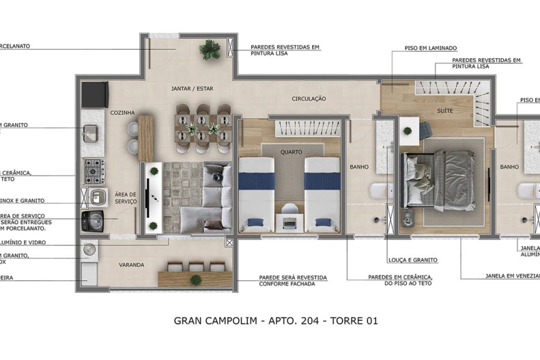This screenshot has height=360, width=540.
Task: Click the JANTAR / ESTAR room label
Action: pyautogui.click(x=192, y=89)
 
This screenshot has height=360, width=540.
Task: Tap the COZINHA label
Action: pyautogui.click(x=122, y=112)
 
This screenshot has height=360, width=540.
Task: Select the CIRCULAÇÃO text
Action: pyautogui.click(x=309, y=98)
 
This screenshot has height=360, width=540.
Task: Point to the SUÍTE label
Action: pyautogui.click(x=445, y=112)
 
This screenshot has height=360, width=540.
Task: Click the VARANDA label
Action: pyautogui.click(x=131, y=265)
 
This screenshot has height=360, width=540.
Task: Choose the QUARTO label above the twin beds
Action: pyautogui.click(x=291, y=152)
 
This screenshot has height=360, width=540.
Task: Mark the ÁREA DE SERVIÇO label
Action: pyautogui.click(x=126, y=198)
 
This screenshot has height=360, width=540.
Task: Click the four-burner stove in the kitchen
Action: pyautogui.click(x=94, y=170)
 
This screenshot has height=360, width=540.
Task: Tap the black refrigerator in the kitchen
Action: pyautogui.click(x=95, y=94)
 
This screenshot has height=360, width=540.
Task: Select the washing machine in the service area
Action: pyautogui.click(x=92, y=221)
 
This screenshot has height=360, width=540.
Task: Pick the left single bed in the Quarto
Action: pyautogui.click(x=256, y=193)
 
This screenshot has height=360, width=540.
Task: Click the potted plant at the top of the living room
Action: pyautogui.click(x=209, y=50)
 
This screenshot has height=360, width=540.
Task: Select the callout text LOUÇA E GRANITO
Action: pyautogui.click(x=413, y=260)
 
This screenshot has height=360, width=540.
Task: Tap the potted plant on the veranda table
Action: pyautogui.click(x=196, y=279)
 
